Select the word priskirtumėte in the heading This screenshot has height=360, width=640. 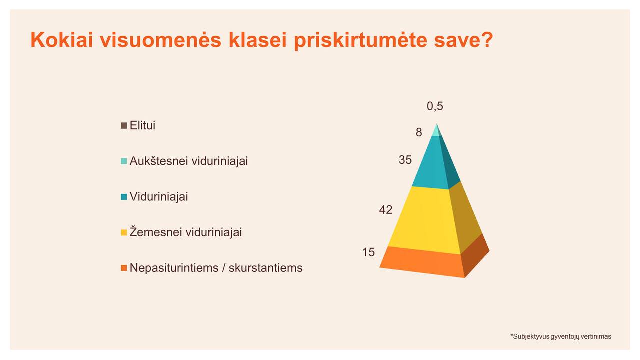(360, 41)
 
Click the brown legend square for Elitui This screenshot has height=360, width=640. (124, 126)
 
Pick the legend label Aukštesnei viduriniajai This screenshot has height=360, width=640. (189, 161)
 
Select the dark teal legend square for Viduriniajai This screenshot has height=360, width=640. (124, 197)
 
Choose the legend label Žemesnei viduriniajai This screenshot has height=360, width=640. (186, 232)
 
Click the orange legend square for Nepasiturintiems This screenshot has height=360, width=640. (124, 268)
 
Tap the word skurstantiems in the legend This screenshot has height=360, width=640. (265, 268)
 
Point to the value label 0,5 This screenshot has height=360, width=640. (435, 106)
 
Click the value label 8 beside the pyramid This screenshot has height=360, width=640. (419, 132)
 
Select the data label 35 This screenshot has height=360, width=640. (405, 160)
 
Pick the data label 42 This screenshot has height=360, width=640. (386, 210)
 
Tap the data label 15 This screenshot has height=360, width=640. (368, 252)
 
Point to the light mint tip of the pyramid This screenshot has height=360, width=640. (436, 131)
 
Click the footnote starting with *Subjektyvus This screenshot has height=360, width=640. (561, 337)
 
